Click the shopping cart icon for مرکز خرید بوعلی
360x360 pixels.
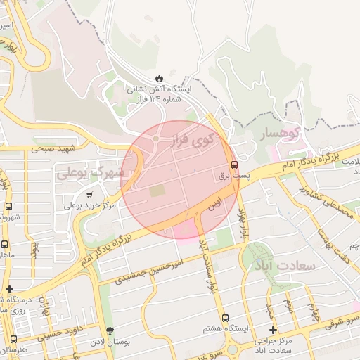click(89, 195)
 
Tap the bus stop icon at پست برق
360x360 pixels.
click(234, 167)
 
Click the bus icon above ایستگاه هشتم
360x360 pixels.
click(225, 318)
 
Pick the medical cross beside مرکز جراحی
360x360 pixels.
click(273, 329)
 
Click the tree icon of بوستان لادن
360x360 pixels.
click(109, 330)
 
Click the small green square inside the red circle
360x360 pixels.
click(157, 190)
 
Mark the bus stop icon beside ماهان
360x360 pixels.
click(5, 245)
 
